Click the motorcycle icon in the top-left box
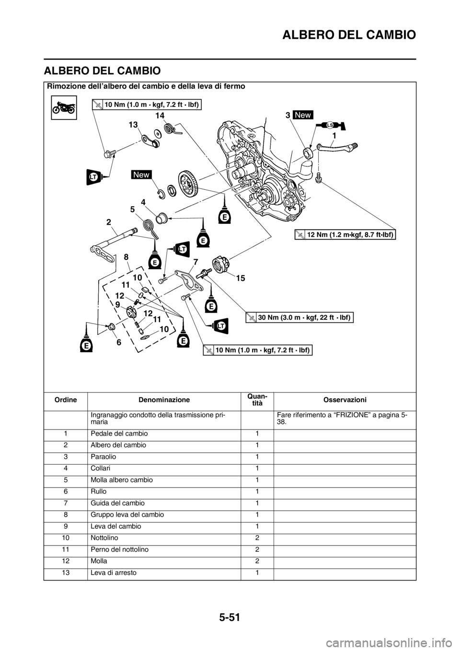pos(64,107)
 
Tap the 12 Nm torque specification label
pos(345,234)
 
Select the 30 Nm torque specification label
pos(299,318)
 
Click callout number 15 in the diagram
pos(241,278)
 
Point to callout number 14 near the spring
pos(160,116)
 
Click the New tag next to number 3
pos(303,115)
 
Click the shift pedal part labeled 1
pos(337,147)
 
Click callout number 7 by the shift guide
pos(195,262)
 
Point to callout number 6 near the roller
pos(118,342)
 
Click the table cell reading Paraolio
pos(103,457)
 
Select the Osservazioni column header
pos(345,400)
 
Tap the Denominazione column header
pos(164,400)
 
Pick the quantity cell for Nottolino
pos(257,538)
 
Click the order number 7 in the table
pos(66,503)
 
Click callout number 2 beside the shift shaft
pos(108,222)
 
